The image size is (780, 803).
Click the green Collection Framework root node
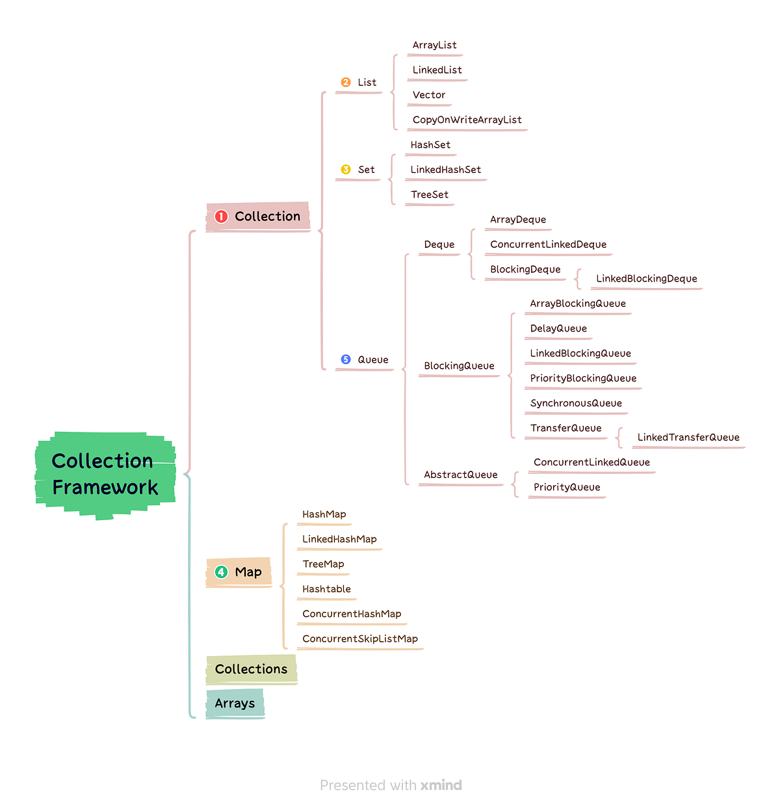pyautogui.click(x=105, y=475)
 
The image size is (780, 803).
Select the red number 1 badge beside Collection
pyautogui.click(x=221, y=217)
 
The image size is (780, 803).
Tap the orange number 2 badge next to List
pyautogui.click(x=346, y=83)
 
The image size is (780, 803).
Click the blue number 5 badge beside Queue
pyautogui.click(x=346, y=360)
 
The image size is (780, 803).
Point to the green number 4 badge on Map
pyautogui.click(x=221, y=572)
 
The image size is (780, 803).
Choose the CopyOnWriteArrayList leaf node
pyautogui.click(x=467, y=120)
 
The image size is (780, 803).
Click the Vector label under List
pyautogui.click(x=429, y=95)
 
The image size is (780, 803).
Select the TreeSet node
pyautogui.click(x=430, y=194)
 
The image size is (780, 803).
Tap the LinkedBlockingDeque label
pyautogui.click(x=646, y=279)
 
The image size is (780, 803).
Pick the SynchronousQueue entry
pyautogui.click(x=576, y=403)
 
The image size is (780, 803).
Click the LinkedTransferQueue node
pyautogui.click(x=688, y=438)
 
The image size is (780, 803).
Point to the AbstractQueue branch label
pyautogui.click(x=461, y=475)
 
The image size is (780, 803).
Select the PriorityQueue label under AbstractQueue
pyautogui.click(x=567, y=487)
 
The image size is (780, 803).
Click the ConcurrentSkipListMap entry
pyautogui.click(x=360, y=638)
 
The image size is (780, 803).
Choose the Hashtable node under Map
pyautogui.click(x=326, y=589)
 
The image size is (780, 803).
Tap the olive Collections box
pyautogui.click(x=251, y=669)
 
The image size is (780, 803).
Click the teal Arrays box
pyautogui.click(x=235, y=704)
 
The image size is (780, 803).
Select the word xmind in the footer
pyautogui.click(x=441, y=785)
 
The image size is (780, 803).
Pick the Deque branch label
pyautogui.click(x=439, y=244)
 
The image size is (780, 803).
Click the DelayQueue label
pyautogui.click(x=558, y=328)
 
